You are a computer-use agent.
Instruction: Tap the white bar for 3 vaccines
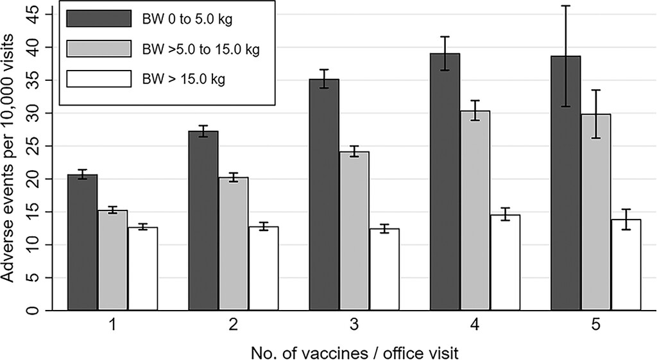(x=384, y=270)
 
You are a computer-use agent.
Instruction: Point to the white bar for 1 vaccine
(x=143, y=269)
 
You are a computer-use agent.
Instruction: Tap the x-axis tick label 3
(x=354, y=326)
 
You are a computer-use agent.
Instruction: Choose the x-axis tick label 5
(x=596, y=326)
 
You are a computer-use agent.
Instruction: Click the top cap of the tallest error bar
(x=565, y=6)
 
